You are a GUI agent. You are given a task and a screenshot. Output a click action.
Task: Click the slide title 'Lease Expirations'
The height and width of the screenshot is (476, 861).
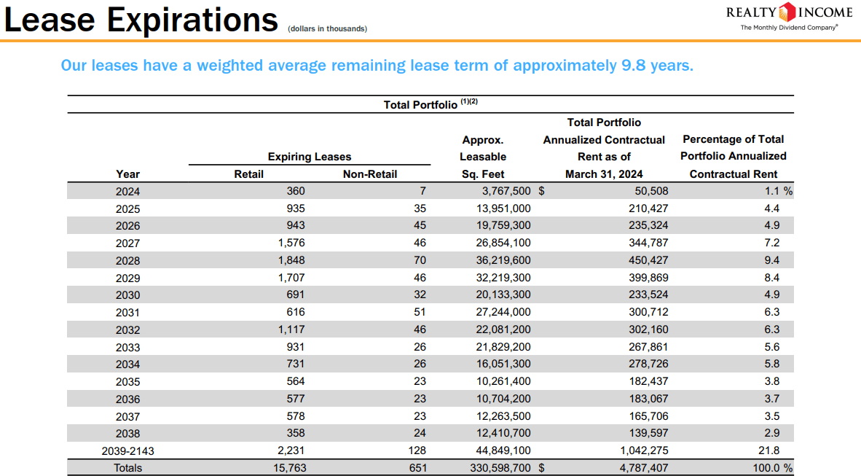coord(141,20)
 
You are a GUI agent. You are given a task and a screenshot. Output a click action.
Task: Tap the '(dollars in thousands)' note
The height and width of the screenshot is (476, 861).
coord(327,29)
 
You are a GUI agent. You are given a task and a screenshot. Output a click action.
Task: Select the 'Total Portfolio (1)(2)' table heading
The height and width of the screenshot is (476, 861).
coord(430,104)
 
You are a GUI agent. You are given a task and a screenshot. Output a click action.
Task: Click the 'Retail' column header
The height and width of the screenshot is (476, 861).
coord(248,174)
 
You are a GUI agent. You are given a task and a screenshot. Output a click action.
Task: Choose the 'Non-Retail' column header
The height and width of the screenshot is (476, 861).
coord(370,174)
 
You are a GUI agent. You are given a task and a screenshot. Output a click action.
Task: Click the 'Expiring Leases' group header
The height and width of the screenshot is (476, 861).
coord(309,157)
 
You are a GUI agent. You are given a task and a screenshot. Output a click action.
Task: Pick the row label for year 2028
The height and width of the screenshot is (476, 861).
coord(127,260)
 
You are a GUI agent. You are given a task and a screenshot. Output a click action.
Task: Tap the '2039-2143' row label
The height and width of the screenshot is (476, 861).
coord(127,451)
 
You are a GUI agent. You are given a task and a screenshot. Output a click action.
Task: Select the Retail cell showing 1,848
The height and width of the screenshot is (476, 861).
coord(291,260)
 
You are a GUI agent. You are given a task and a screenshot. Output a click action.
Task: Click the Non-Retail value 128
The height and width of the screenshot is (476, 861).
coord(417,450)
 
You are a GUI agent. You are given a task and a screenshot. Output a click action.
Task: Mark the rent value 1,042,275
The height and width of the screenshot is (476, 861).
coord(642,450)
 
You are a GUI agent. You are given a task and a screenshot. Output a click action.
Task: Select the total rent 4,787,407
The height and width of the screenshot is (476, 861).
coord(642,468)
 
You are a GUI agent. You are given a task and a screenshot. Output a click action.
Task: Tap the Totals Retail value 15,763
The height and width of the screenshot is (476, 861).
coord(289,468)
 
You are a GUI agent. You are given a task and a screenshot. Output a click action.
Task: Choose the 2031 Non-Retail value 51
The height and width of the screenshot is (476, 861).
coord(419,312)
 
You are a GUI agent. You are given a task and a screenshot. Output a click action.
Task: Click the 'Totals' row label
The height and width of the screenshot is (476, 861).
coord(128,468)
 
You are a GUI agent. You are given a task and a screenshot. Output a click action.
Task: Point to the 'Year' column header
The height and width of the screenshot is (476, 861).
coord(127,174)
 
